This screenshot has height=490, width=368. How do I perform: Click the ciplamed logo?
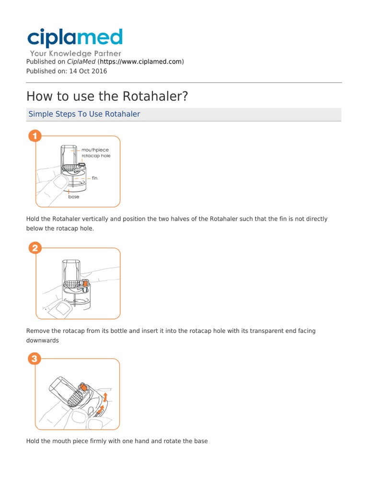click(75, 38)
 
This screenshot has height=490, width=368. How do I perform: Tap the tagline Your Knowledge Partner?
click(76, 54)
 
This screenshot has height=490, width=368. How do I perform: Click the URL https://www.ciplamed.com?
click(141, 62)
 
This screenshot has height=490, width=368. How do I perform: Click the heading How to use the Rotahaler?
click(107, 96)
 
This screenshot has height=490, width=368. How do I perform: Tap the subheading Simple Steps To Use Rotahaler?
click(84, 114)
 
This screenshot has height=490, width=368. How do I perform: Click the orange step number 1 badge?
click(34, 136)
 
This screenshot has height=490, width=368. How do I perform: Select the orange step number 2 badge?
click(34, 248)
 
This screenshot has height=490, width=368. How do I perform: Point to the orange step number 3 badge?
click(34, 358)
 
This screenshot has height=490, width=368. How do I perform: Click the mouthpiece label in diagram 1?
click(95, 150)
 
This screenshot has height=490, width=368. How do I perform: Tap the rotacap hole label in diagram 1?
click(96, 156)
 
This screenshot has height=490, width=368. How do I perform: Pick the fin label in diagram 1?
click(94, 178)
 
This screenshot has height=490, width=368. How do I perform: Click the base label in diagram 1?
click(73, 197)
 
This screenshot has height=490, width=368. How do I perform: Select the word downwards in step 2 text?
click(42, 341)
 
